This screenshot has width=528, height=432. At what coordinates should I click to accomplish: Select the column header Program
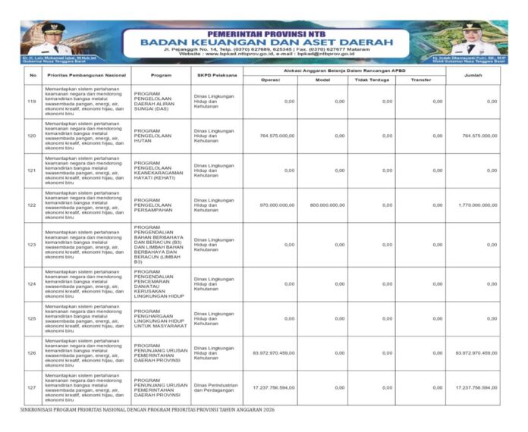(161, 75)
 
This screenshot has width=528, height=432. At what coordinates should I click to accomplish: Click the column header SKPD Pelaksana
(215, 75)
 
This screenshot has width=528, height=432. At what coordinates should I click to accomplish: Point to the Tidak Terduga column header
(372, 80)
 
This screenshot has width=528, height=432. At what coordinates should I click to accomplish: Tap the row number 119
(32, 101)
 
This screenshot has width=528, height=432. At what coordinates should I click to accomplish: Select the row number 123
(32, 245)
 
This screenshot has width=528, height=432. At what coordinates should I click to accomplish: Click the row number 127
(32, 387)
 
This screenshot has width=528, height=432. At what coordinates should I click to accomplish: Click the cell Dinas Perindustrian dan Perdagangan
(216, 387)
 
